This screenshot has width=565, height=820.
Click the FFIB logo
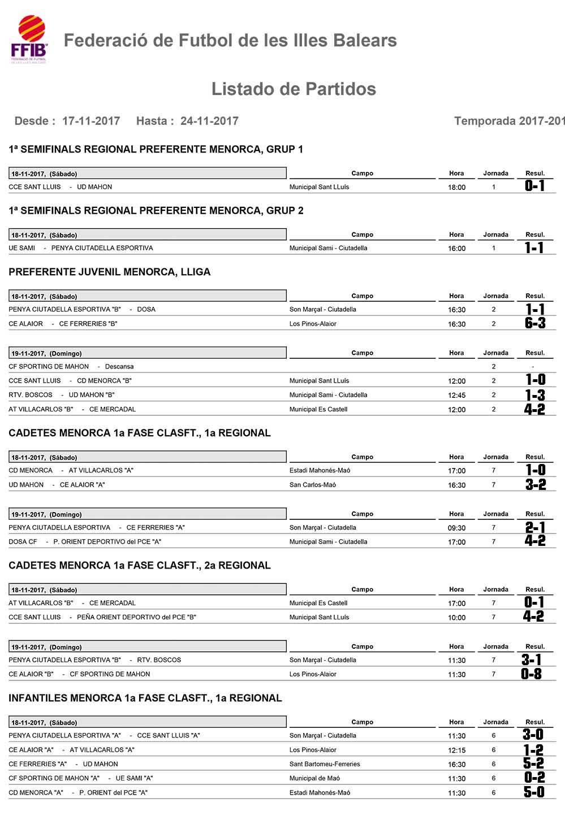click(29, 39)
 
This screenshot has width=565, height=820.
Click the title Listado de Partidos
click(294, 89)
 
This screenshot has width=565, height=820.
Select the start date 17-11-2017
click(91, 121)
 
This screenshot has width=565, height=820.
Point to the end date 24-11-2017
click(209, 121)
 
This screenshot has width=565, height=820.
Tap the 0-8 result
click(531, 674)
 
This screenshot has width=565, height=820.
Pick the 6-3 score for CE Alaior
click(534, 323)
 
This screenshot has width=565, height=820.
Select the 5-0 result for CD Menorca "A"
click(534, 792)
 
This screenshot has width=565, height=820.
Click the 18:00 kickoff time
click(456, 188)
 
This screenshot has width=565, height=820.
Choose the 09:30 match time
click(456, 528)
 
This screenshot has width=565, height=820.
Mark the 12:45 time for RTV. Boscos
click(456, 396)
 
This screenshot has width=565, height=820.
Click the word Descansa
click(119, 367)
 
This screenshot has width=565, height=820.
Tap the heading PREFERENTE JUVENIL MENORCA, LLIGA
click(110, 272)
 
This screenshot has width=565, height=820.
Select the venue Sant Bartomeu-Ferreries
click(325, 764)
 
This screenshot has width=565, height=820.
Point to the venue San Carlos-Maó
click(313, 485)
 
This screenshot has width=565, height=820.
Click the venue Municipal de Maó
click(314, 778)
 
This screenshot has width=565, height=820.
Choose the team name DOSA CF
click(23, 542)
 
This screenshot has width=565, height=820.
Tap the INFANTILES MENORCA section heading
click(145, 698)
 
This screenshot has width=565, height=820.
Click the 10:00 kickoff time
click(456, 618)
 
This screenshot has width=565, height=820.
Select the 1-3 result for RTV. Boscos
click(534, 395)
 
